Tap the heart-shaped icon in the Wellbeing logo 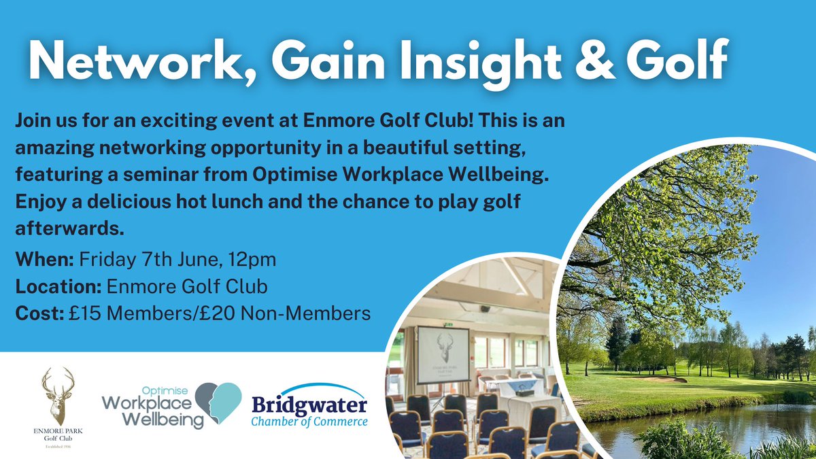coord(220,403)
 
